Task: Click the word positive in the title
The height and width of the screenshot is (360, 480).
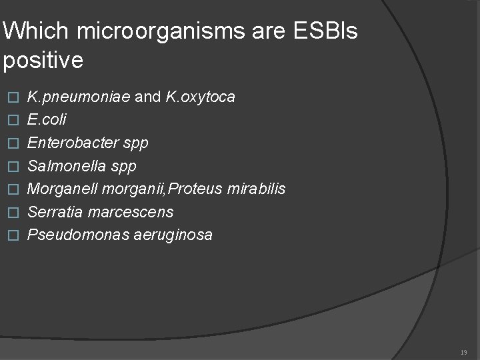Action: pyautogui.click(x=43, y=61)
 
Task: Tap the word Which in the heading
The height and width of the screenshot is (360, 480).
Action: pyautogui.click(x=32, y=31)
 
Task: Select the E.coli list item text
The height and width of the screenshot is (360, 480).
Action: pyautogui.click(x=47, y=120)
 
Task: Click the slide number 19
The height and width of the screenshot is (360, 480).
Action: pyautogui.click(x=464, y=352)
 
